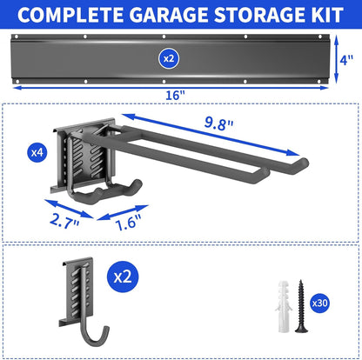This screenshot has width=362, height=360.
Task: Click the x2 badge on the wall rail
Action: pyautogui.click(x=169, y=57)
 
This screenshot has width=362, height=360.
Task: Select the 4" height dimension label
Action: pyautogui.click(x=346, y=59)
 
